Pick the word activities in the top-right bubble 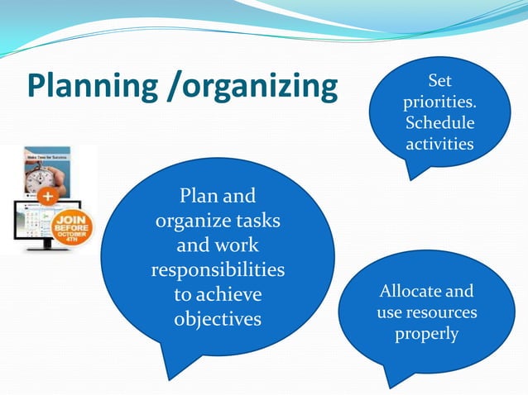(x=439, y=145)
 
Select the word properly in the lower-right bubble (x=426, y=335)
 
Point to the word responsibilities (x=218, y=270)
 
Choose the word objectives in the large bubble (x=218, y=319)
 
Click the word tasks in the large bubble (x=256, y=221)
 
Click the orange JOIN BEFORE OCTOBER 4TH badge (x=73, y=226)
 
